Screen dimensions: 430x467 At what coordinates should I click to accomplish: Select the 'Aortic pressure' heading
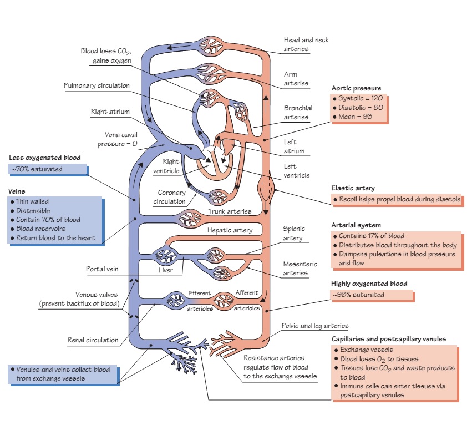(x=356, y=88)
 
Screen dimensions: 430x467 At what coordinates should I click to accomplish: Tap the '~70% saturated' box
(x=37, y=169)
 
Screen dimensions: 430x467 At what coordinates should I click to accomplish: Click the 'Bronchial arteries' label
(x=298, y=113)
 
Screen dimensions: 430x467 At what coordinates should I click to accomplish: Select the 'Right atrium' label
(x=110, y=112)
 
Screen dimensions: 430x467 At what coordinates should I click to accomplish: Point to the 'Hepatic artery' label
(x=230, y=230)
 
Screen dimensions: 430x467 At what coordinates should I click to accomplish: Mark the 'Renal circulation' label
(x=93, y=340)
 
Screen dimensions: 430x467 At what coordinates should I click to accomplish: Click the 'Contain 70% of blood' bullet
(x=48, y=219)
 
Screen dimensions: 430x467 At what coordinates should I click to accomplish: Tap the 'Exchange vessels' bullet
(x=367, y=350)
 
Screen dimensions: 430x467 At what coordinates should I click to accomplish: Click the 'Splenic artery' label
(x=293, y=233)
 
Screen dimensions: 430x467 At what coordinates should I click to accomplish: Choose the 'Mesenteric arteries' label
(x=300, y=269)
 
